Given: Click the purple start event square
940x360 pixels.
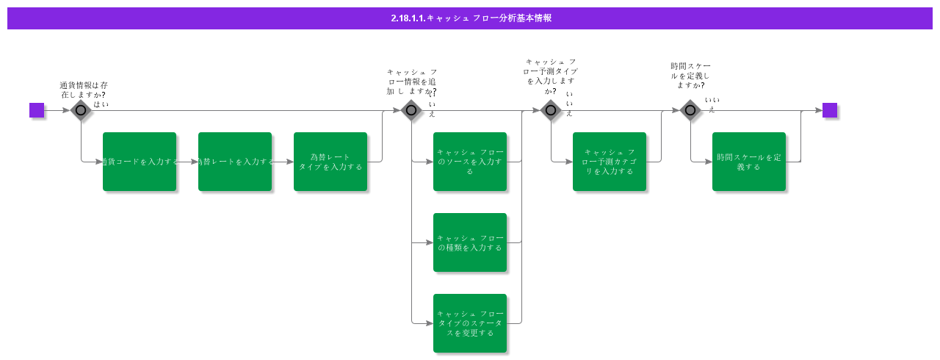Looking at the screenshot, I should pyautogui.click(x=37, y=110).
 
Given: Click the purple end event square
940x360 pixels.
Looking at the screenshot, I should pyautogui.click(x=830, y=110).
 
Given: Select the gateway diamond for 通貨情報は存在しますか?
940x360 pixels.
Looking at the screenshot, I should pyautogui.click(x=81, y=110).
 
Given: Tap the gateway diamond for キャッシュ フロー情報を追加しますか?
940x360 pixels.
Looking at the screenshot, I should pyautogui.click(x=411, y=110).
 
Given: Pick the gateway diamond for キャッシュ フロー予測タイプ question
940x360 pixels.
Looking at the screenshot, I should pyautogui.click(x=551, y=110).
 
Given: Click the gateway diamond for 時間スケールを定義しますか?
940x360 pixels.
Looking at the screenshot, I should pyautogui.click(x=690, y=110).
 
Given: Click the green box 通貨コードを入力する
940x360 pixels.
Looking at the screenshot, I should pyautogui.click(x=140, y=162).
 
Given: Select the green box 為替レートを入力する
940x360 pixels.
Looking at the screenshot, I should pyautogui.click(x=235, y=162).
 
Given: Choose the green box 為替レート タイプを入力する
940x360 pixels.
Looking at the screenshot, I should pyautogui.click(x=330, y=162).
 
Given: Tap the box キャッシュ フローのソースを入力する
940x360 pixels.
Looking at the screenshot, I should pyautogui.click(x=470, y=162).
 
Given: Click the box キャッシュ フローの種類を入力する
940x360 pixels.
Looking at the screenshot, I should pyautogui.click(x=470, y=242).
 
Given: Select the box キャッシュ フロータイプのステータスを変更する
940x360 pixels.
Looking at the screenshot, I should pyautogui.click(x=470, y=323).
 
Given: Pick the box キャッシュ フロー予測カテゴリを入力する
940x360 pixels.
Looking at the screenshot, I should pyautogui.click(x=610, y=162).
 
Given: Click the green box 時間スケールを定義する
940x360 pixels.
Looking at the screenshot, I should pyautogui.click(x=749, y=162).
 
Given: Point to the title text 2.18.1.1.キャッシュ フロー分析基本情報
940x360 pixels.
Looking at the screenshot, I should pyautogui.click(x=471, y=18).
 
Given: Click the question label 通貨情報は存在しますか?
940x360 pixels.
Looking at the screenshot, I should pyautogui.click(x=83, y=90).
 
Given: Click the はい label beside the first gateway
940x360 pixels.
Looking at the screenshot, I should pyautogui.click(x=101, y=104).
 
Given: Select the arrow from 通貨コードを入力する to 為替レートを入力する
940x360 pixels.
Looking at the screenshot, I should pyautogui.click(x=187, y=162).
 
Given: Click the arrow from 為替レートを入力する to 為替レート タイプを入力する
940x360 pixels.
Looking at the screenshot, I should pyautogui.click(x=283, y=162).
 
